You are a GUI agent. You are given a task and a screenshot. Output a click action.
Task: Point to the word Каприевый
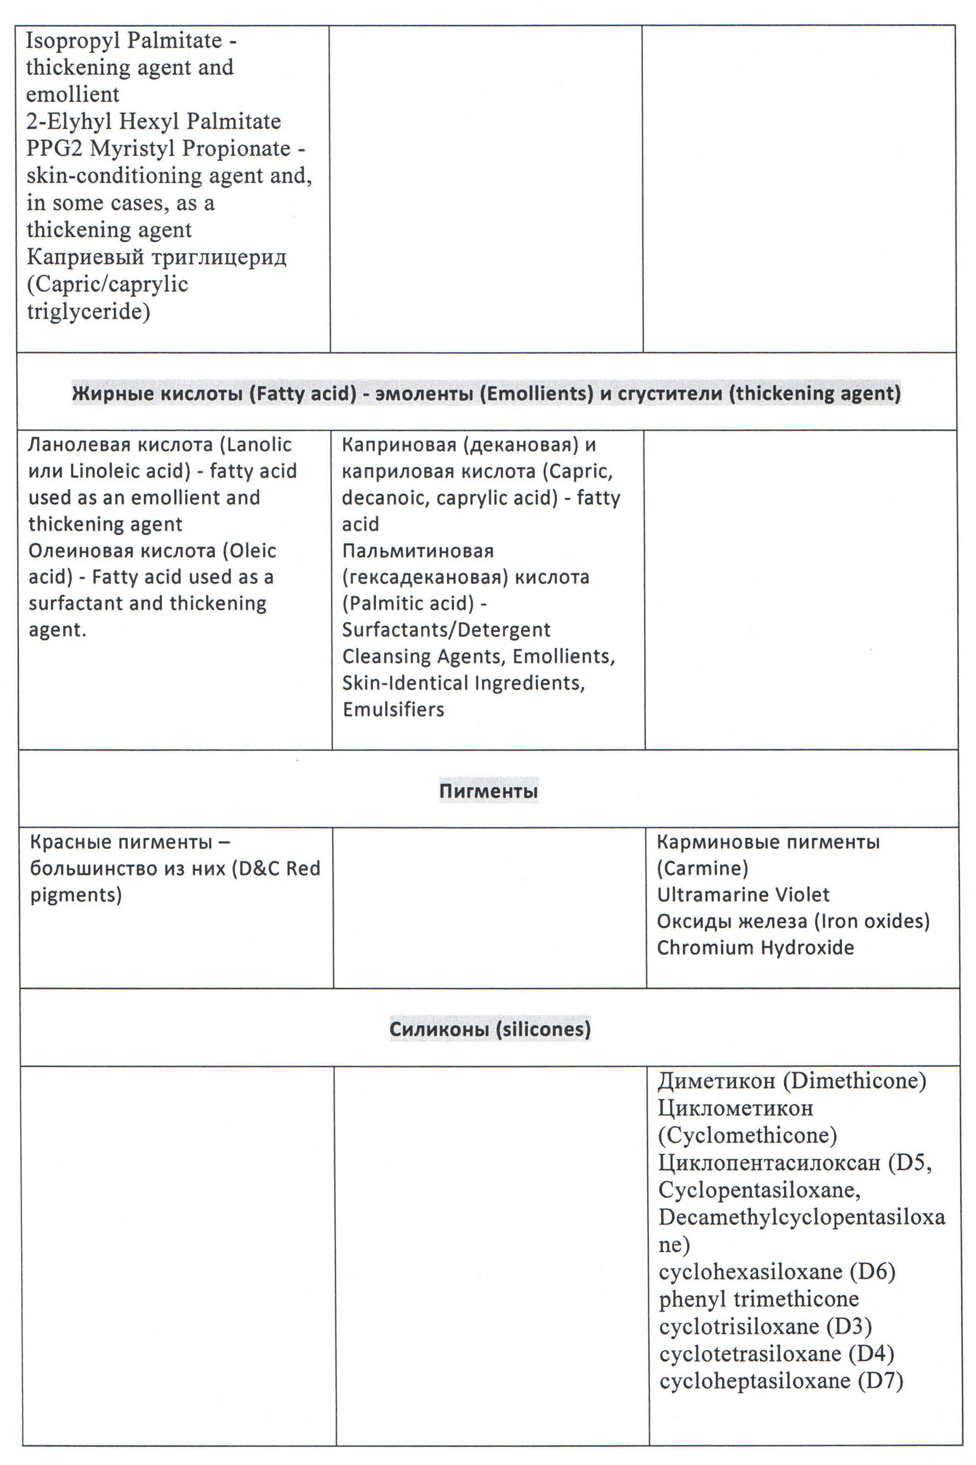pos(85,256)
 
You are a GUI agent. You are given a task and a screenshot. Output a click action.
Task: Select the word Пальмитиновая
pos(418,550)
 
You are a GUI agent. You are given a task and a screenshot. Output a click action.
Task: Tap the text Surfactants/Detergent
pos(446,629)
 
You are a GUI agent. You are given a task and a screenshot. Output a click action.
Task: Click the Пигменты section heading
pos(488,791)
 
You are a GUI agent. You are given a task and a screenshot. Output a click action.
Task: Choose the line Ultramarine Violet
pos(743,895)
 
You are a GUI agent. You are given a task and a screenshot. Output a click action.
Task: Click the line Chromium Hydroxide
pos(755,948)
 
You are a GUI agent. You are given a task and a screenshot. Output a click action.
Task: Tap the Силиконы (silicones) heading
pos(490,1029)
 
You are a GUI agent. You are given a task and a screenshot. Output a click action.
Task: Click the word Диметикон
pos(716,1081)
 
